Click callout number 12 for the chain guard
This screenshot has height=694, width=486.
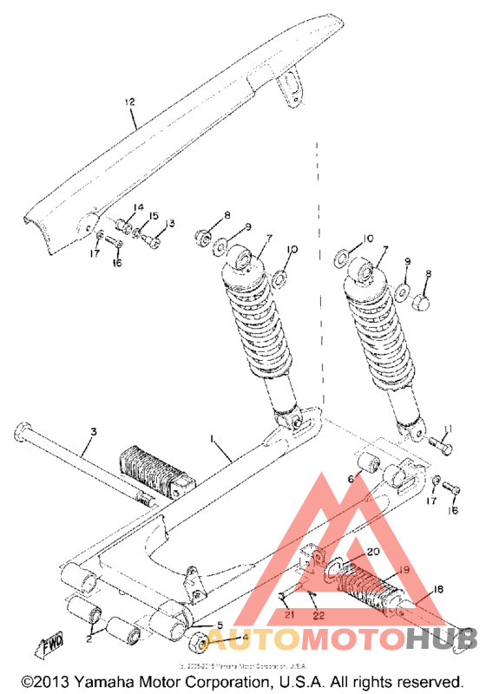coord(129,103)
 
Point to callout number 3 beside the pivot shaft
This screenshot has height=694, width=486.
coord(94,431)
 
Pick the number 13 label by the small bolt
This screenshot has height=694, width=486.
coord(169,224)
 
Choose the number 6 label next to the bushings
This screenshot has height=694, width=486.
coord(352,478)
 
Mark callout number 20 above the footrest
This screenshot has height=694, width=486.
coord(373,552)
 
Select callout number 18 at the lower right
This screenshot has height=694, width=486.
coord(438,590)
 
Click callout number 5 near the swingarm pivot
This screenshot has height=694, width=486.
coord(220,625)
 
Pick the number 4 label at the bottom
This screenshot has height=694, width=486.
coord(246,638)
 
